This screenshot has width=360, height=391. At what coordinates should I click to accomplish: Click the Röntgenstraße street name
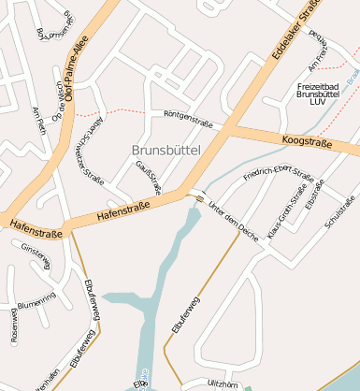pos(188,119)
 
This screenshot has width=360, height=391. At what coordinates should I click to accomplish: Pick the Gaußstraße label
pos(150,177)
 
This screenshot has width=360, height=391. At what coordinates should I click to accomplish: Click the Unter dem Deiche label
pos(234,217)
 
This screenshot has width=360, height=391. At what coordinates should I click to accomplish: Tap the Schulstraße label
pos(339,212)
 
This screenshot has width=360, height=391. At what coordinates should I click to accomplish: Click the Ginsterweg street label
pos(36,255)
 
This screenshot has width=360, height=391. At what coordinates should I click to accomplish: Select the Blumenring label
pos(36,298)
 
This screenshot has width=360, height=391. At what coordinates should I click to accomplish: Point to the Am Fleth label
pos(38,121)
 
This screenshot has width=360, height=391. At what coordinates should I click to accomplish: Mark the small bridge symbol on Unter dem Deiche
pos(198,197)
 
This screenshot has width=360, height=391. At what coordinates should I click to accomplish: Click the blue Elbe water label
pos(141,383)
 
